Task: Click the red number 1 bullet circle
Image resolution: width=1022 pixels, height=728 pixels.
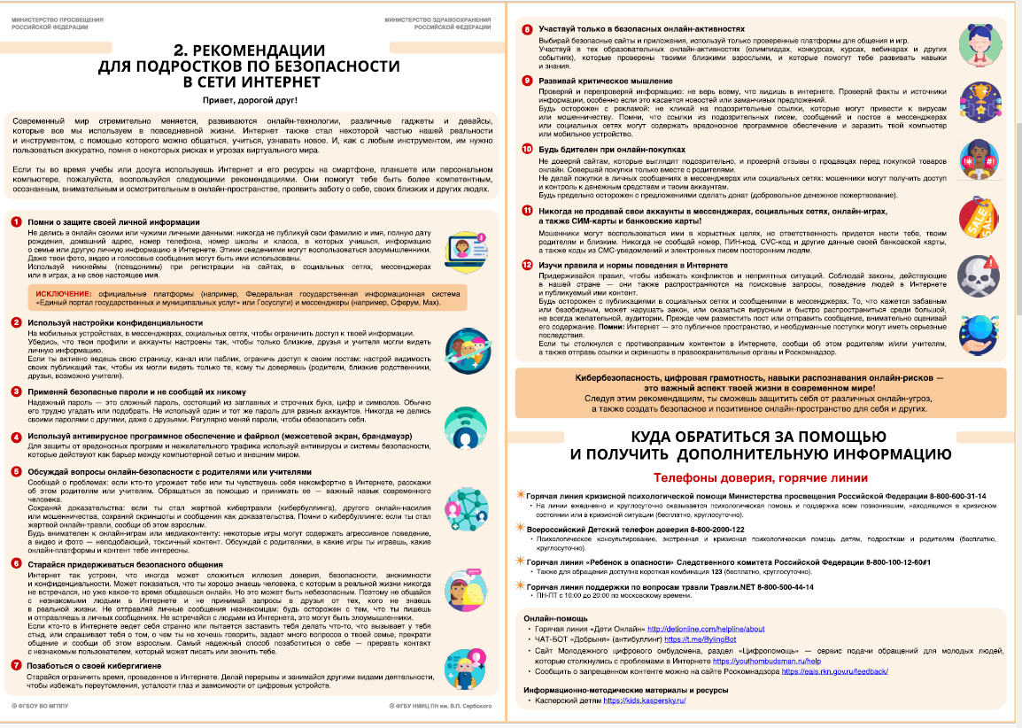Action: coord(17,221)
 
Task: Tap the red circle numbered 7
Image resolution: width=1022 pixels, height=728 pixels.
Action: coord(17,663)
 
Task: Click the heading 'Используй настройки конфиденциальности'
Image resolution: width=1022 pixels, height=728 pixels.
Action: coord(116,322)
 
